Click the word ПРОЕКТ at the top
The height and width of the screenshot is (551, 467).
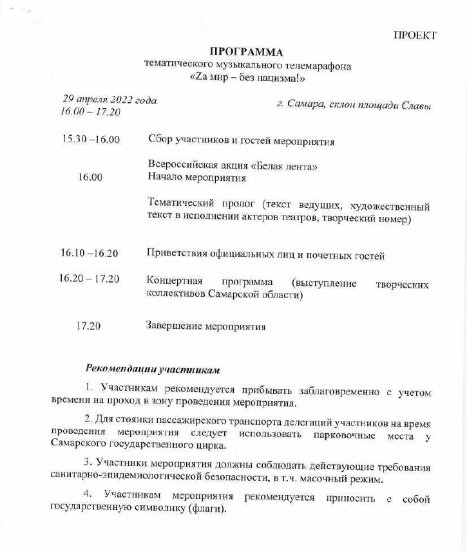[x=415, y=35]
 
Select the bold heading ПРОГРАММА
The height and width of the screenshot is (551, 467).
[x=247, y=51]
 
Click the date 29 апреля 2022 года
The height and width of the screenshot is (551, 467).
[x=110, y=100]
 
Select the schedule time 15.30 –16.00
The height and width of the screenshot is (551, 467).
[x=91, y=139]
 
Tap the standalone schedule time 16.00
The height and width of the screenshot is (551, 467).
[x=90, y=178]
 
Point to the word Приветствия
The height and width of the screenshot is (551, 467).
[x=180, y=255]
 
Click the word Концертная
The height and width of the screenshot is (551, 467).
[x=175, y=282]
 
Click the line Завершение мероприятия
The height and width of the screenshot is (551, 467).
[x=206, y=326]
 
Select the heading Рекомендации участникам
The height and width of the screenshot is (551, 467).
[x=153, y=369]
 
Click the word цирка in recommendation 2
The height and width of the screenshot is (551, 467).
[x=211, y=445]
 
